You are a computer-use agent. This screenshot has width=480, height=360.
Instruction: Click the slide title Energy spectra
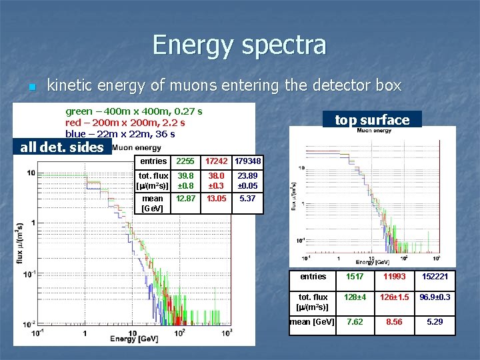(x=239, y=45)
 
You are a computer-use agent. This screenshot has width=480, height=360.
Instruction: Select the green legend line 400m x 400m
(x=133, y=111)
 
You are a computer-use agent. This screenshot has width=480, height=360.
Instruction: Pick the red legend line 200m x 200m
(x=125, y=123)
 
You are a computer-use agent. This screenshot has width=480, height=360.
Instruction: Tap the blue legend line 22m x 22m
(x=120, y=134)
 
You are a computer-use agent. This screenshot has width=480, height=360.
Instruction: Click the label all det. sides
(x=62, y=147)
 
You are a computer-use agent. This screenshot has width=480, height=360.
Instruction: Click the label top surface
(x=371, y=120)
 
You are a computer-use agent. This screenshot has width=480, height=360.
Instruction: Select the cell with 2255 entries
(x=185, y=161)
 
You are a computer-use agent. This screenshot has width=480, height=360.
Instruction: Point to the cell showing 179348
(x=248, y=161)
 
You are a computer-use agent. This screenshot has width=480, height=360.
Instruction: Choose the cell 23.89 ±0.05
(x=248, y=181)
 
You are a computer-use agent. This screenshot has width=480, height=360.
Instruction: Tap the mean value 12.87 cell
(x=185, y=199)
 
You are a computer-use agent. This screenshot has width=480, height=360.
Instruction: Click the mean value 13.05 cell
(x=216, y=199)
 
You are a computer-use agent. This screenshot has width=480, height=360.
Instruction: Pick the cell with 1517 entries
(x=355, y=277)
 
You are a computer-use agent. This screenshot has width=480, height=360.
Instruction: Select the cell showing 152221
(x=435, y=277)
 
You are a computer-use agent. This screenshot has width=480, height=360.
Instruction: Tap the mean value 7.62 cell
(x=355, y=321)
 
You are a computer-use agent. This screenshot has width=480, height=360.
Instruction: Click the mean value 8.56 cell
(x=394, y=321)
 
